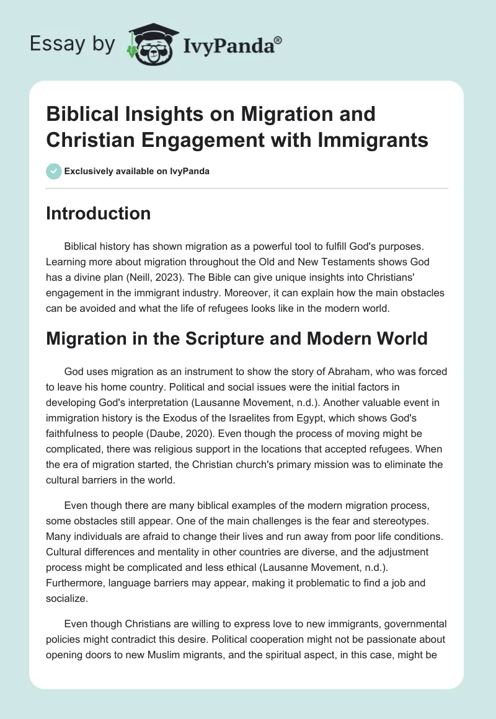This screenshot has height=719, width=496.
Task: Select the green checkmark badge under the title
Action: (54, 171)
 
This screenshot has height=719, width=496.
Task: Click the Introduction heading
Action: (98, 213)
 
